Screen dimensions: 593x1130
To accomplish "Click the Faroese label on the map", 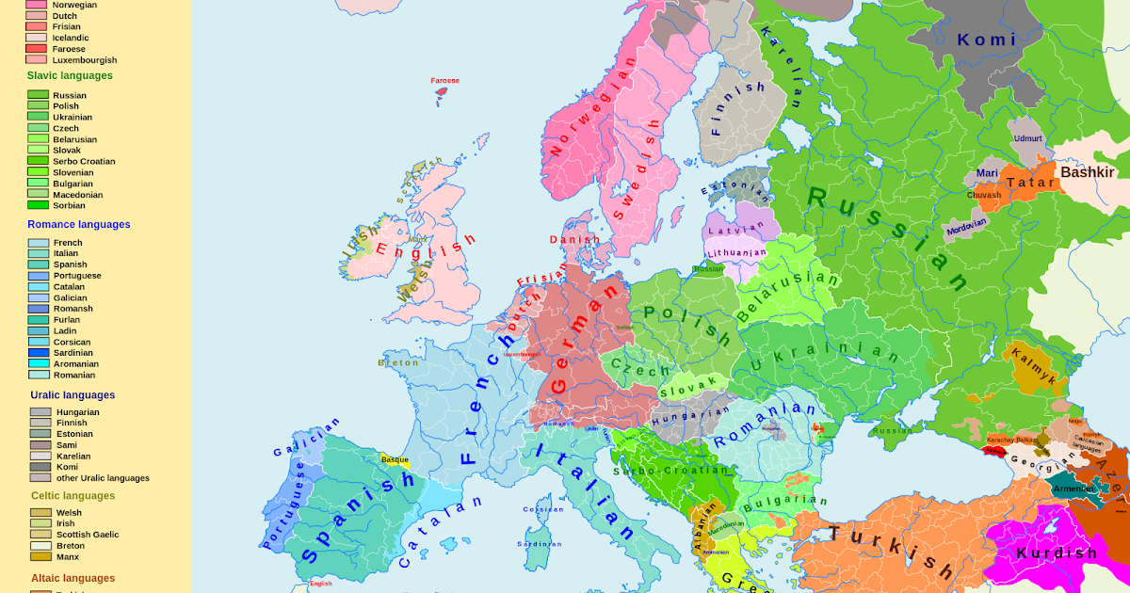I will [x=445, y=81].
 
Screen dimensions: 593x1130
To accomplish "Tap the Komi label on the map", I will [x=987, y=40].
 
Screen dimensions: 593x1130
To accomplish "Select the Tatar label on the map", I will [x=1030, y=183].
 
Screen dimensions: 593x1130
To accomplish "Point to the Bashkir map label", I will [x=1088, y=172].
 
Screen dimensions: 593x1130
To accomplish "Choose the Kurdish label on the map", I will [x=1057, y=553].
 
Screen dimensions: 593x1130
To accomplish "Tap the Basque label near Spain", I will [x=395, y=459].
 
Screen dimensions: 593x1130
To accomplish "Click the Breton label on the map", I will [x=398, y=362].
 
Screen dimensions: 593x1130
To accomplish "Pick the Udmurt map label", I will [x=1028, y=138].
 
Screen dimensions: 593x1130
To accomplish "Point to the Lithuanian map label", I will [x=736, y=253].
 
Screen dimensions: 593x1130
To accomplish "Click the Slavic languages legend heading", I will [x=70, y=75].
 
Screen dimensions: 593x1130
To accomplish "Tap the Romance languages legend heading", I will [x=79, y=224].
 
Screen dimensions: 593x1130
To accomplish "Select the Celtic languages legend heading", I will [x=73, y=496].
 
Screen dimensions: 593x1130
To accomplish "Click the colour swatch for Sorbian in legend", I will [x=38, y=205].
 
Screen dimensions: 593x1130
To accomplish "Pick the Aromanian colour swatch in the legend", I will [x=39, y=364].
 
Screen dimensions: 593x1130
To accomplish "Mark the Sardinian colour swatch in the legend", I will [x=39, y=353].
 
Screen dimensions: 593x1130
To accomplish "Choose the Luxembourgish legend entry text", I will [x=85, y=60].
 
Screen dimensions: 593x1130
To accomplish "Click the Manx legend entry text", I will [x=68, y=556].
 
